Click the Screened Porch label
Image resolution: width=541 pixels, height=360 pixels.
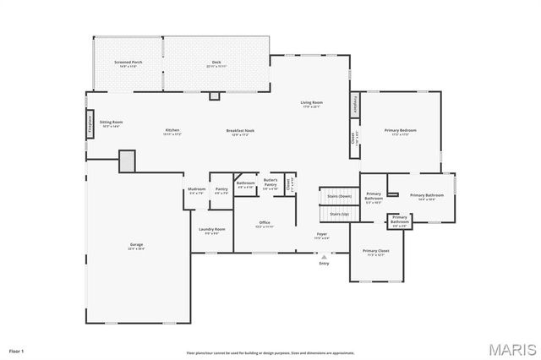pyautogui.click(x=127, y=63)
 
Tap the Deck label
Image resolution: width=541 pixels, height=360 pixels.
pyautogui.click(x=216, y=63)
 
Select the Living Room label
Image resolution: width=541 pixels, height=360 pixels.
pyautogui.click(x=312, y=104)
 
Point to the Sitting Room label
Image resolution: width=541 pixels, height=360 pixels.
pyautogui.click(x=112, y=123)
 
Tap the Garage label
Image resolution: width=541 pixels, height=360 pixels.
pyautogui.click(x=136, y=247)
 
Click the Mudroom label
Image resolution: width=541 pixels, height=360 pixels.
pyautogui.click(x=196, y=190)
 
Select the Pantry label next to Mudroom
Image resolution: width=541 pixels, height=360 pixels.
pyautogui.click(x=221, y=190)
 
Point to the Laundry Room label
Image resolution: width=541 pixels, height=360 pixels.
pyautogui.click(x=211, y=230)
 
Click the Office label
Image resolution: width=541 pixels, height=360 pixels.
pyautogui.click(x=264, y=224)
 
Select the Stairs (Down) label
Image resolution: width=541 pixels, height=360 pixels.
pyautogui.click(x=339, y=196)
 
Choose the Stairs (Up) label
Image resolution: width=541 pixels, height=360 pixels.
pyautogui.click(x=339, y=215)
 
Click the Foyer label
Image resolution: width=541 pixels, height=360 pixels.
pyautogui.click(x=321, y=235)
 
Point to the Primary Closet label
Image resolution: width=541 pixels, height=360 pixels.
pyautogui.click(x=375, y=252)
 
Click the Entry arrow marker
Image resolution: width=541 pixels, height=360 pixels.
pyautogui.click(x=324, y=257)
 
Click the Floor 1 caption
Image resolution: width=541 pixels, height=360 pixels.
pyautogui.click(x=17, y=350)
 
